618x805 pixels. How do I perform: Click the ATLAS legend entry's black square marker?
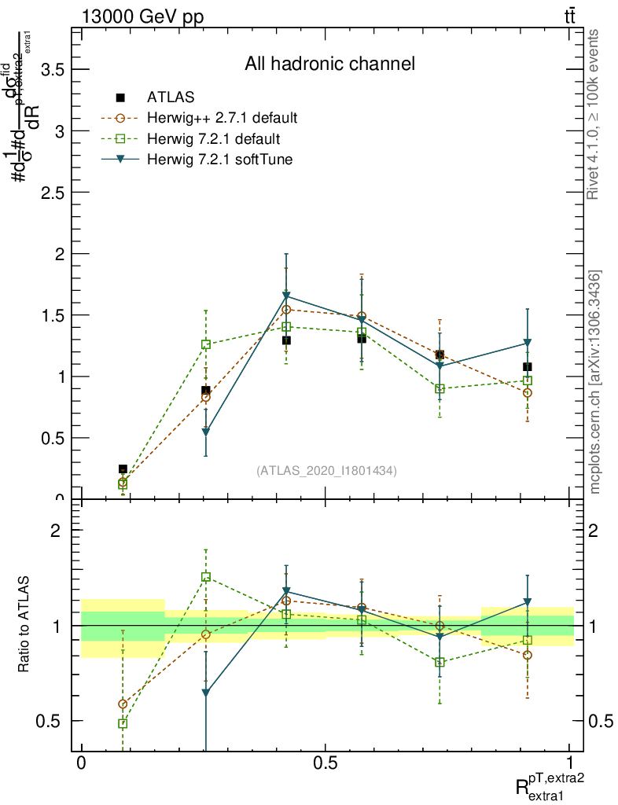(120, 97)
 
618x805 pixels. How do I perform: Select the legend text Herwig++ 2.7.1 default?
(223, 119)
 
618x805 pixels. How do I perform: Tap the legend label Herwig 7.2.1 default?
(214, 139)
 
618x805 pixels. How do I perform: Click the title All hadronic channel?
(329, 64)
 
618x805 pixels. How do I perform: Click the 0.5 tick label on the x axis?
(325, 764)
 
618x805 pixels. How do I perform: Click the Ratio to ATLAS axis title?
(24, 626)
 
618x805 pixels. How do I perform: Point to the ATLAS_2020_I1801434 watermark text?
(326, 471)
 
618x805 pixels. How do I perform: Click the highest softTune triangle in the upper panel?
(286, 297)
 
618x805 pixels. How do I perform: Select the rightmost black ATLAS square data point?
(528, 367)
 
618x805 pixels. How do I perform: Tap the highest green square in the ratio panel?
(205, 577)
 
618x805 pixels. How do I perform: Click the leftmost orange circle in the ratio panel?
(123, 704)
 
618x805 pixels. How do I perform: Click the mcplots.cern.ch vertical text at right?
(595, 382)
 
